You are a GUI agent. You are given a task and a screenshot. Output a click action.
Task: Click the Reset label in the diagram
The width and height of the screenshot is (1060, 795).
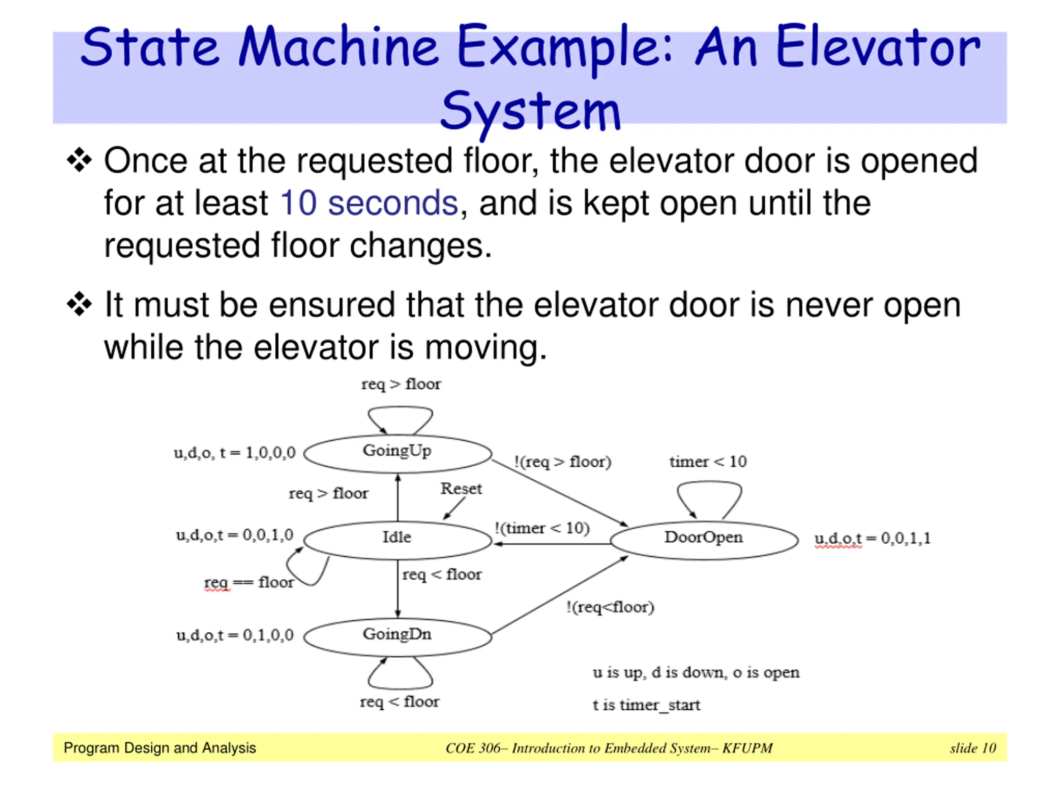pos(461,488)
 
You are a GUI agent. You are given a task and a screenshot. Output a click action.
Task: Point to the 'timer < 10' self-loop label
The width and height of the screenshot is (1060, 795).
pos(708,462)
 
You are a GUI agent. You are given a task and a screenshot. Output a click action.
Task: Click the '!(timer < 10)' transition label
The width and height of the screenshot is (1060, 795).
pos(542,528)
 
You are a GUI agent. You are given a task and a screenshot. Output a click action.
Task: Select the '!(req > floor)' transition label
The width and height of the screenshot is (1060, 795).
pos(563,462)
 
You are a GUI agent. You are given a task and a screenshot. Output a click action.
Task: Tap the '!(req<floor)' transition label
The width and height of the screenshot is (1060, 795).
pos(609,607)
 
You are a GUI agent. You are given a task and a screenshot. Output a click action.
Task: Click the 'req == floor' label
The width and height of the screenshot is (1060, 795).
pos(249,582)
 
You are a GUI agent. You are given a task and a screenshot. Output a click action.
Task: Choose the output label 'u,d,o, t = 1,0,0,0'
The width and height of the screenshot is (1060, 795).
pos(234,453)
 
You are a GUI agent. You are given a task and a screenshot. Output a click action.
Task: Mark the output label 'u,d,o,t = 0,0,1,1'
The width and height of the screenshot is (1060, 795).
pos(872,539)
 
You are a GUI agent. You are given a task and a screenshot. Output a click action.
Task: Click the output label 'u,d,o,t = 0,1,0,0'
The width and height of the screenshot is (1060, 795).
pos(235,636)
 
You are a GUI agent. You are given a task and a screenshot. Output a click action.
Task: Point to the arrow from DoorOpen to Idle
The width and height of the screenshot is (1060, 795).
pos(551,544)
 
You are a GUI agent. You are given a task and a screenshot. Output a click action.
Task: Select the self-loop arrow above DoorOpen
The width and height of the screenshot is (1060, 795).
pos(709,496)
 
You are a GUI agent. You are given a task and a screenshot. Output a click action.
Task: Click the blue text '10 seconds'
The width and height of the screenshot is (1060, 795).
pos(369,203)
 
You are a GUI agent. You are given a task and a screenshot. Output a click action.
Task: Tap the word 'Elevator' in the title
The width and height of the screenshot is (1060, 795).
pos(878,48)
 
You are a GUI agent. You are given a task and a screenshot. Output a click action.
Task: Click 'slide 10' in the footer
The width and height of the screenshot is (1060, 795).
pos(972,748)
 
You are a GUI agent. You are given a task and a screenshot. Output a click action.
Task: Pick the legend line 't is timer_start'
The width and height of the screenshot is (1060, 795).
pos(646,705)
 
